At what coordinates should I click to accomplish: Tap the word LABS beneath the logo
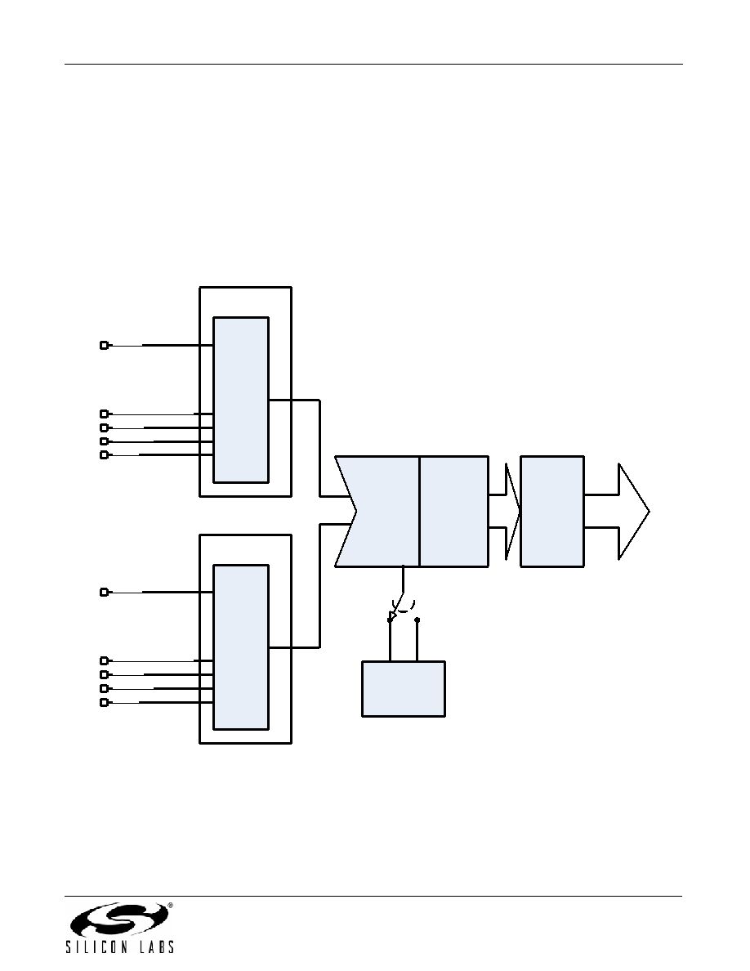click(x=156, y=946)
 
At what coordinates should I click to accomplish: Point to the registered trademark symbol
click(x=170, y=906)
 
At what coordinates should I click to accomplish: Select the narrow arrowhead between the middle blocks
click(x=512, y=512)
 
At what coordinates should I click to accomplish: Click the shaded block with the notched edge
click(x=377, y=512)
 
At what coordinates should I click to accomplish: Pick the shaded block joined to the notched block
click(x=453, y=512)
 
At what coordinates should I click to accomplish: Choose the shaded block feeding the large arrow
click(x=552, y=512)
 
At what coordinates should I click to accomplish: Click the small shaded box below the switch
click(x=404, y=689)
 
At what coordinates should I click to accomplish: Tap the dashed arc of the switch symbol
click(x=403, y=606)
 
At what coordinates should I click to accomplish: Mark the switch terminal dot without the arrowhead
click(x=417, y=620)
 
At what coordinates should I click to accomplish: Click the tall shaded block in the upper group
click(x=241, y=400)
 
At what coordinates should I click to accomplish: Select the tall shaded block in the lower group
click(x=241, y=647)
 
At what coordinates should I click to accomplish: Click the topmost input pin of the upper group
click(x=104, y=345)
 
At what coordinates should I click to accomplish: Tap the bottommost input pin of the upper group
click(x=104, y=455)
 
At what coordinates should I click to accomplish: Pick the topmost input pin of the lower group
click(x=104, y=592)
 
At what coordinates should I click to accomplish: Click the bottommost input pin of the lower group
click(x=104, y=702)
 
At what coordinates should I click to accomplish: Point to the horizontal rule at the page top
click(x=373, y=64)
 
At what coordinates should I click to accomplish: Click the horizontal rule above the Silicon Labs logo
click(x=373, y=896)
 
